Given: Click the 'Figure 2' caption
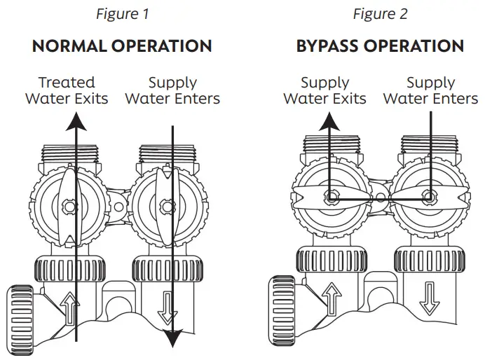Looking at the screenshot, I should click(x=380, y=13).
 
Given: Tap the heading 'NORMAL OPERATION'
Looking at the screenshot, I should click(x=122, y=47).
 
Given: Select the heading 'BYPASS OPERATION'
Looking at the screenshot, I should click(x=380, y=47).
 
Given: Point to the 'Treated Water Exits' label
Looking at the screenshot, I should click(x=67, y=90).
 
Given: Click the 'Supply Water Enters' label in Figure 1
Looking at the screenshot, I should click(x=172, y=90).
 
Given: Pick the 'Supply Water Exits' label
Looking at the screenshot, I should click(x=325, y=90).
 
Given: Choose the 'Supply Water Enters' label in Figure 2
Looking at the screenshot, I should click(x=430, y=90).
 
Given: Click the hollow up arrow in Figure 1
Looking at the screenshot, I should click(x=69, y=307).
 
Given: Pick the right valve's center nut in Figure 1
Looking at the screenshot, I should click(x=165, y=206).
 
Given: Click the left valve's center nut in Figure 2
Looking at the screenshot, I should click(x=331, y=198).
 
